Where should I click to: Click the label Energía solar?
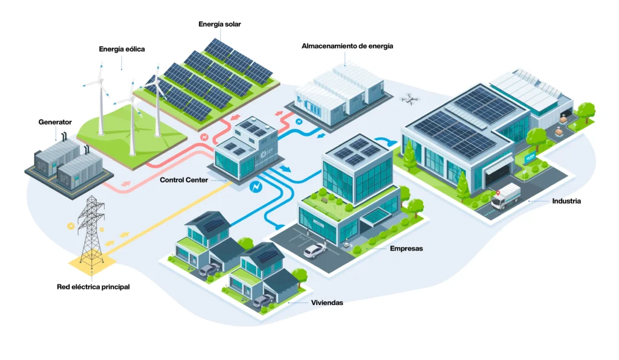[x=220, y=24]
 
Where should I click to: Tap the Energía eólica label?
[x=122, y=49]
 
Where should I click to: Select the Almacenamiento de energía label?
[x=347, y=46]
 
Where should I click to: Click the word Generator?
[x=55, y=122]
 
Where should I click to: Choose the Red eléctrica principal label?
[x=92, y=287]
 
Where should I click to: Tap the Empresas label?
[x=406, y=249]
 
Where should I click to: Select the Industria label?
[x=566, y=201]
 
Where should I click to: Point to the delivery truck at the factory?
[x=505, y=197]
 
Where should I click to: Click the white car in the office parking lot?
[x=316, y=249]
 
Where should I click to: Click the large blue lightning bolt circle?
[x=256, y=187]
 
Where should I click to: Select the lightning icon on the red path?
[x=204, y=137]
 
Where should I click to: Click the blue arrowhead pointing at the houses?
[x=279, y=227]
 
